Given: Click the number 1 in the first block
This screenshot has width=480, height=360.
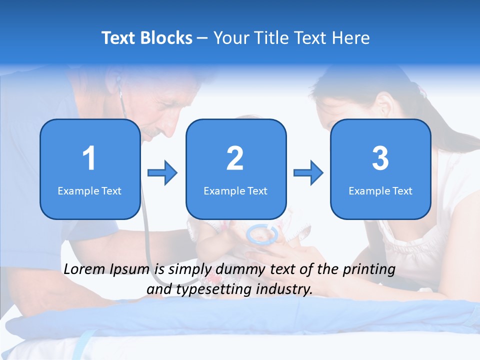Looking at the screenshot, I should (89, 158).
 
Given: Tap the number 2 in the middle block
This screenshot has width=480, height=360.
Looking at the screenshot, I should (235, 158).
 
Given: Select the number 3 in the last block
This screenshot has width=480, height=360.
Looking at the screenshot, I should (380, 158).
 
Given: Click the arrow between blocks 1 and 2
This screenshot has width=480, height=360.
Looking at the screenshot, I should (162, 173).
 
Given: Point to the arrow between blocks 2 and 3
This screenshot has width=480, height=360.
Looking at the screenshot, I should (308, 173).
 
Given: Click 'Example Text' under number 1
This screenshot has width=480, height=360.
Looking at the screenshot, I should (89, 191).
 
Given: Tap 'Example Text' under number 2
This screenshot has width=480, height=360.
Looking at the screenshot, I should (235, 191).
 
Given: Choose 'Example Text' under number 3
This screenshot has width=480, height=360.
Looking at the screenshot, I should (380, 191).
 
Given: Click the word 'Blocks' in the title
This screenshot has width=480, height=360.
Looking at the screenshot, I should (168, 38).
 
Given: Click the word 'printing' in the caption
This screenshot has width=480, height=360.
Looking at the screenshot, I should (369, 269).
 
